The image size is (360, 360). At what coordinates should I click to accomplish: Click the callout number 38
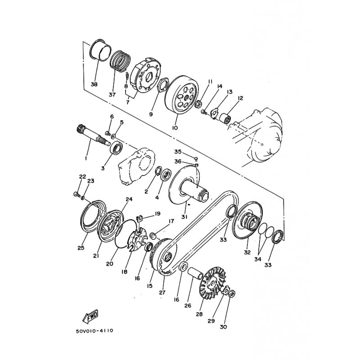[94, 84]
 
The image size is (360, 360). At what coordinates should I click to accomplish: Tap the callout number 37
[112, 94]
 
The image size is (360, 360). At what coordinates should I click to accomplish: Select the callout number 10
[175, 128]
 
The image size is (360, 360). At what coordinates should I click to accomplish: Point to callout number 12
[240, 98]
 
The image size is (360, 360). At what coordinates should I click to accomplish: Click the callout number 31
[184, 216]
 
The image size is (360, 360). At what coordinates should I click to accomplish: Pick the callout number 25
[81, 247]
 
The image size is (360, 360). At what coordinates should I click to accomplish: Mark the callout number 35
[178, 152]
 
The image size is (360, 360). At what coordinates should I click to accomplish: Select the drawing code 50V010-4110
[94, 331]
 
